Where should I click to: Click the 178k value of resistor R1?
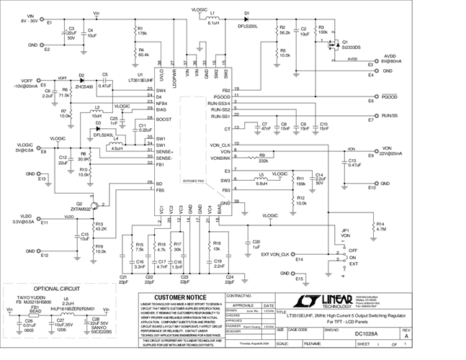pos(143,33)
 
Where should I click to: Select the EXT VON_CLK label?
pos(274,254)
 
